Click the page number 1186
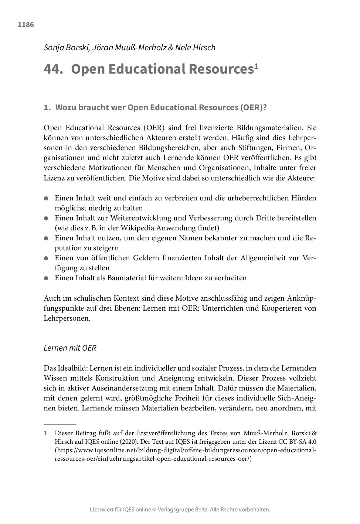[x=26, y=25]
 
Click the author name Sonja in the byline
[x=53, y=48]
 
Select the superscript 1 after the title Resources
[x=256, y=66]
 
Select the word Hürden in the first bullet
[x=305, y=198]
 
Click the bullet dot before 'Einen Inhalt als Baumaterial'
[x=46, y=278]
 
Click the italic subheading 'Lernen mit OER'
[x=70, y=348]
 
